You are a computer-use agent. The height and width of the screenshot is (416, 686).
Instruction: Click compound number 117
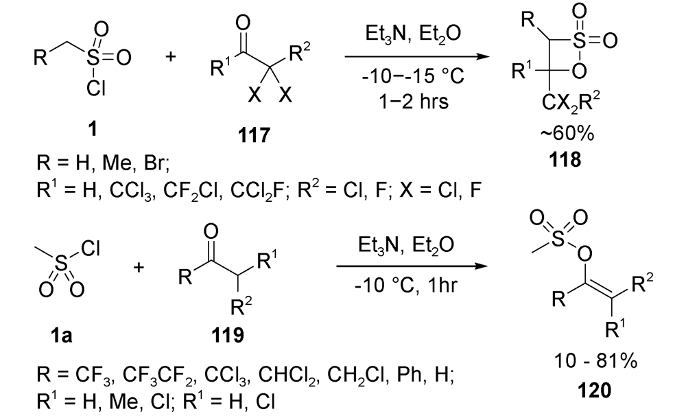click(x=255, y=135)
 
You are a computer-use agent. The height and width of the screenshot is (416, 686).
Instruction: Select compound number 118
click(x=566, y=159)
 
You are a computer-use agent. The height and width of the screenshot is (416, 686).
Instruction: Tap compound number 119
click(x=228, y=336)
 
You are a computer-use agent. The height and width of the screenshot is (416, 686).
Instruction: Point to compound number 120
click(x=594, y=389)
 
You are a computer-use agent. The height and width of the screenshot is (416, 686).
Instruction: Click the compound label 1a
click(x=61, y=336)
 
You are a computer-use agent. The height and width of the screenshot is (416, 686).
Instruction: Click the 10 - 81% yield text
click(x=595, y=361)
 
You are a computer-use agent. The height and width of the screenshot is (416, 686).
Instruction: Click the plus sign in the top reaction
click(x=171, y=56)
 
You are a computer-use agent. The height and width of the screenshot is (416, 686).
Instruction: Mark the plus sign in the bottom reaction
click(x=139, y=266)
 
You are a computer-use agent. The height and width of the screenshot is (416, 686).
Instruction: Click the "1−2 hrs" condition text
click(x=414, y=101)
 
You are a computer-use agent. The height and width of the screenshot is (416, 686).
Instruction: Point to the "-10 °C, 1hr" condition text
click(x=406, y=286)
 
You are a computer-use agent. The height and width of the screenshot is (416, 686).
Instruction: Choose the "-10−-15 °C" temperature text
click(x=413, y=77)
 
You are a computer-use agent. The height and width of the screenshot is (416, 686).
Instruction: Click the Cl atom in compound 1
click(x=96, y=89)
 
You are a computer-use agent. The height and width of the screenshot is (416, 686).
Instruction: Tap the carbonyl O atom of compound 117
click(x=243, y=23)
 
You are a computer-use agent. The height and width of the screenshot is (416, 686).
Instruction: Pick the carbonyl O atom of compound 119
click(x=211, y=233)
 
